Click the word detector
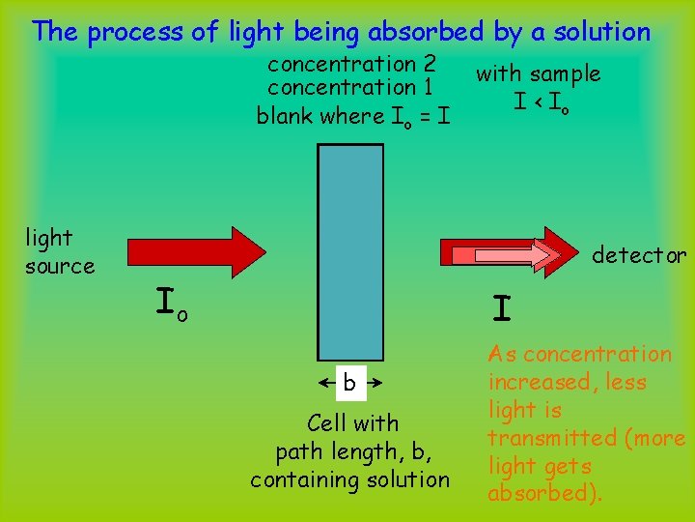point(639,255)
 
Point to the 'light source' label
point(59,251)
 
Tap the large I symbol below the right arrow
point(500,308)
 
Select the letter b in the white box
point(349,384)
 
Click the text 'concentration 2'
point(351,65)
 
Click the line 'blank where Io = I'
point(352,117)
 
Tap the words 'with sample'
point(538,73)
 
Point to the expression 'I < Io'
point(542,101)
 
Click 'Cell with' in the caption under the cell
point(352,423)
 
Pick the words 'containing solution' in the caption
point(349,479)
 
